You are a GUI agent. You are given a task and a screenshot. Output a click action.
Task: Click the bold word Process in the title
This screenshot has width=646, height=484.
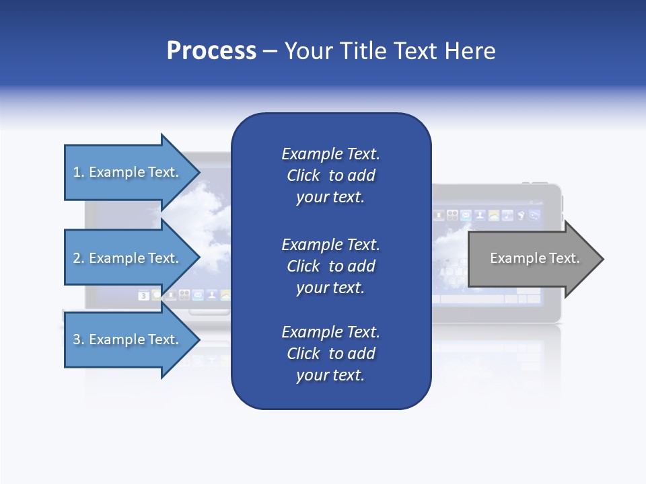211,51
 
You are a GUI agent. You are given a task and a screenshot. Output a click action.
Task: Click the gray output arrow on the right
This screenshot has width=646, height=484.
534,258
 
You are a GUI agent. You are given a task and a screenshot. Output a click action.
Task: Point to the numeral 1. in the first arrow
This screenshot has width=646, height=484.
79,172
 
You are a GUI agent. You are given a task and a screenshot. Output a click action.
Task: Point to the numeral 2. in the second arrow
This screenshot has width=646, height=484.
79,258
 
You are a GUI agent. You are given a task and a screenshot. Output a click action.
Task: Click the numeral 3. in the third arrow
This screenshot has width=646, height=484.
79,339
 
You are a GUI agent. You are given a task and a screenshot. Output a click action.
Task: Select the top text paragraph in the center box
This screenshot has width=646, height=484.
330,175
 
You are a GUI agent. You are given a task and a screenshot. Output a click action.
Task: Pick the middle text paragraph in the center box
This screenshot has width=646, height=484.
330,266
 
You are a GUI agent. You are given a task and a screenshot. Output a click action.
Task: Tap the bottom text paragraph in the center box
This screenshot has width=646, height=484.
330,354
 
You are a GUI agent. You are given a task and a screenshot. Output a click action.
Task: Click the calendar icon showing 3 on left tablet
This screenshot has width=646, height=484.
143,295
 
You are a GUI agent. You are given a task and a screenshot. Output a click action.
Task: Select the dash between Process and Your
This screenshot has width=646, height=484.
270,52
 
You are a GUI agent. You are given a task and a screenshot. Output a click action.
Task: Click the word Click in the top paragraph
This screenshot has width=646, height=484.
303,175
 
